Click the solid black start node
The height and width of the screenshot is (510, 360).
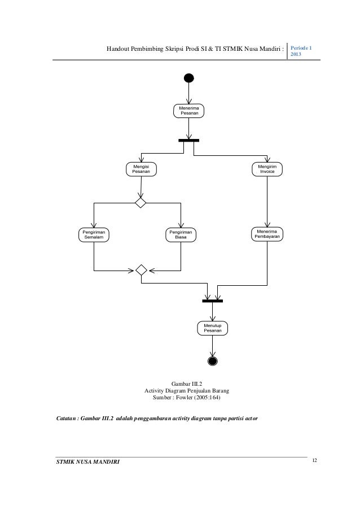pos(188,77)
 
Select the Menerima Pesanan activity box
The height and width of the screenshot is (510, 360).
pos(188,110)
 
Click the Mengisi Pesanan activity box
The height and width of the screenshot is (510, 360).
pos(141,169)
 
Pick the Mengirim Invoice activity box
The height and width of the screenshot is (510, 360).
pos(267,169)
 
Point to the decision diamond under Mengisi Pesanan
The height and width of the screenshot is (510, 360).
pos(141,202)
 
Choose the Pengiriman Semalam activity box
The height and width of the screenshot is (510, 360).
pos(94,234)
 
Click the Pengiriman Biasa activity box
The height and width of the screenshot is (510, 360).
pos(181,234)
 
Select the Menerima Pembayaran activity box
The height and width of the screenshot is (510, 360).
pos(267,234)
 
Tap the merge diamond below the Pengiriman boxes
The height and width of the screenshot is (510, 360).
pos(141,269)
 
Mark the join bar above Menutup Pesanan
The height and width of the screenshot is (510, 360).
pos(212,300)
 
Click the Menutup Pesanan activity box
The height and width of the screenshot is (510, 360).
pos(212,328)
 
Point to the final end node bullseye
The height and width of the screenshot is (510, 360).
pos(212,361)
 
